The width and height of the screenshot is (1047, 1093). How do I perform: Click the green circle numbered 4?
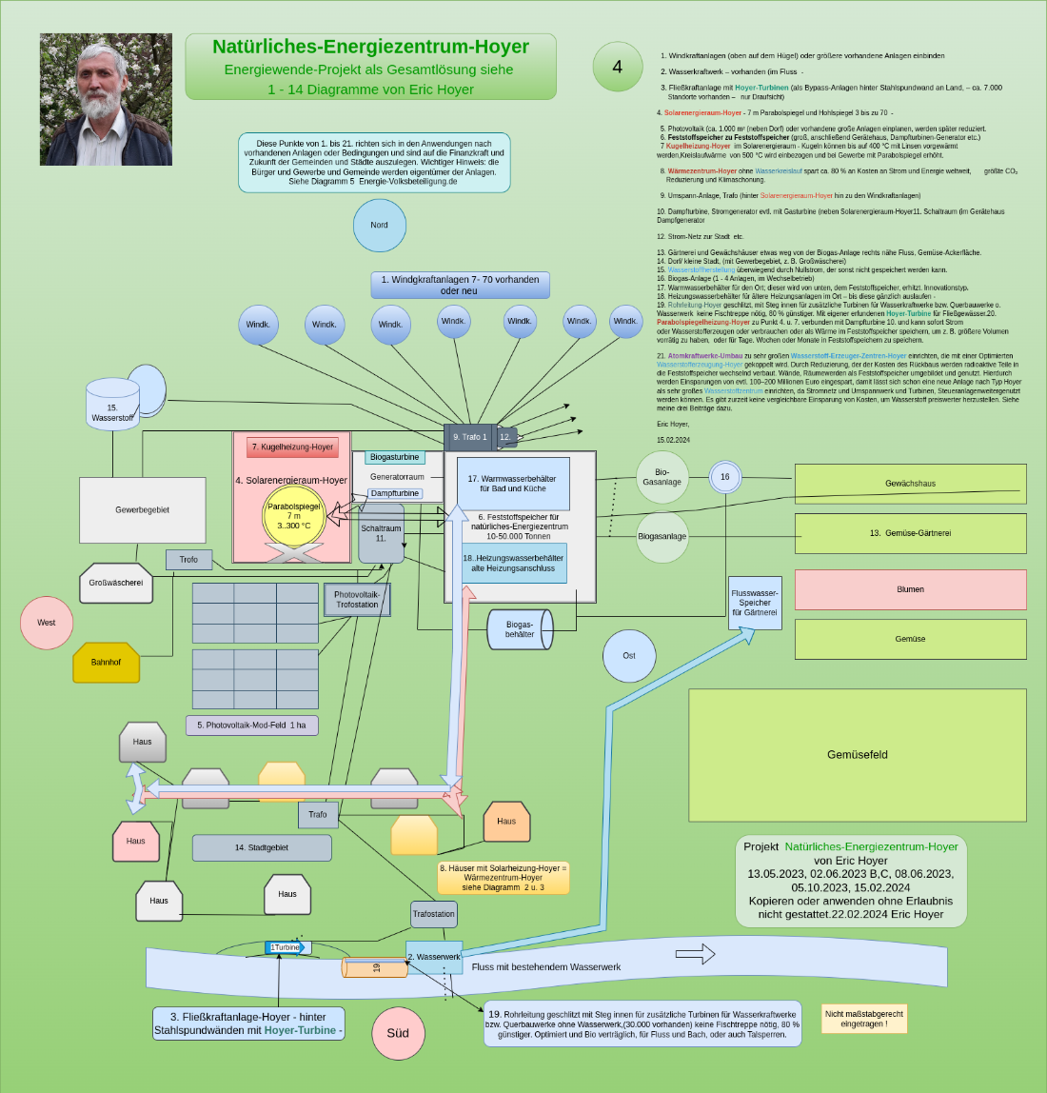tap(617, 67)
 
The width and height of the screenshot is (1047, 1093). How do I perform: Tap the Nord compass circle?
tap(380, 226)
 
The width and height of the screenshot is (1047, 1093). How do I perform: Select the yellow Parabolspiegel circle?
tap(294, 516)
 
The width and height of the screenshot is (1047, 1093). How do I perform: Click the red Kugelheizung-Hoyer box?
tap(292, 447)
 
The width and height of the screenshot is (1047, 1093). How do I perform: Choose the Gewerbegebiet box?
tap(142, 510)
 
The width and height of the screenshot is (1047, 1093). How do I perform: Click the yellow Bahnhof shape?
tap(107, 663)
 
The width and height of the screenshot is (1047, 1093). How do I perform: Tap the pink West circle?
tap(47, 623)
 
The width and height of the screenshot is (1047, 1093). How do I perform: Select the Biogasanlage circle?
tap(662, 536)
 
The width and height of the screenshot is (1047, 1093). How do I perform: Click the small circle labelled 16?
tap(725, 477)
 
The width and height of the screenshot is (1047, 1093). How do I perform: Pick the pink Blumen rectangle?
tap(910, 589)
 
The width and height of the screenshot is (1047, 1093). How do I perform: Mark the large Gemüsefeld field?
tap(857, 755)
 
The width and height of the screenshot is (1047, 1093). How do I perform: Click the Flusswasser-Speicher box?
tap(755, 603)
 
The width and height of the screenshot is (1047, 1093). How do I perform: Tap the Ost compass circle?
tap(629, 656)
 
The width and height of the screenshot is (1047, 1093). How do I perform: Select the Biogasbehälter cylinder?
tap(519, 629)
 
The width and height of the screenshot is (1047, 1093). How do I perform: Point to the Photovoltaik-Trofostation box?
tap(357, 600)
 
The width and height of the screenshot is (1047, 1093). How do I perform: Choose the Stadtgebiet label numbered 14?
tap(262, 847)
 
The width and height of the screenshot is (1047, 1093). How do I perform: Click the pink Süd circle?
tap(398, 1033)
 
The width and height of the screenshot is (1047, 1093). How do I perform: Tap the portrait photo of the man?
tap(106, 100)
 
